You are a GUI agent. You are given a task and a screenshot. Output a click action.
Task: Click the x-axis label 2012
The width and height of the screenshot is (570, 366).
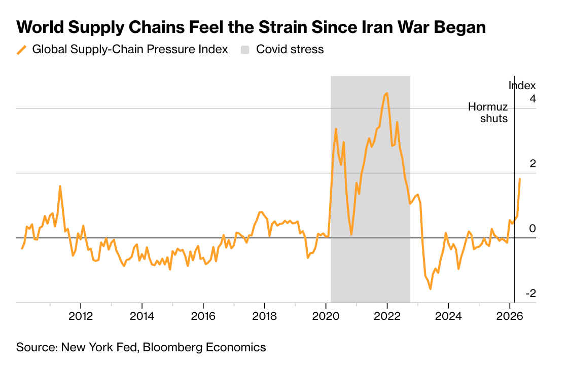pyautogui.click(x=81, y=316)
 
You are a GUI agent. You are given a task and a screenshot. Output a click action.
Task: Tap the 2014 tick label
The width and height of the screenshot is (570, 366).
pyautogui.click(x=142, y=316)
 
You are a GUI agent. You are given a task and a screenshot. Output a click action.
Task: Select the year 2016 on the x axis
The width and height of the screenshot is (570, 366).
pyautogui.click(x=203, y=316)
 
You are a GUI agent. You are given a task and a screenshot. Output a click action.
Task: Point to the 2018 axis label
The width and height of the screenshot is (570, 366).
pyautogui.click(x=264, y=316)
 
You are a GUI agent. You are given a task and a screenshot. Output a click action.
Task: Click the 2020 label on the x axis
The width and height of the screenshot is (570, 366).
pyautogui.click(x=326, y=316)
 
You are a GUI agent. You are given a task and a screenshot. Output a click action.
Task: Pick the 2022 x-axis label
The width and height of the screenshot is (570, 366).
pyautogui.click(x=387, y=316)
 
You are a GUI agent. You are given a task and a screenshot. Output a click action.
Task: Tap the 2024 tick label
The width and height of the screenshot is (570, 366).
pyautogui.click(x=448, y=316)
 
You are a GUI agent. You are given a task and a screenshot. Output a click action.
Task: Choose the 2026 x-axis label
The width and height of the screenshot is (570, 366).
pyautogui.click(x=510, y=316)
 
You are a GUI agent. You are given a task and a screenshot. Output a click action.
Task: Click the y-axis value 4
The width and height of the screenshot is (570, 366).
pyautogui.click(x=532, y=98)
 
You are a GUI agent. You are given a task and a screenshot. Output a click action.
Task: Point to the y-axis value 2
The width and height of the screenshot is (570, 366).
pyautogui.click(x=532, y=164)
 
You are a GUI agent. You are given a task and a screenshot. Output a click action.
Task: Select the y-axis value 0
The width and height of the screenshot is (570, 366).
pyautogui.click(x=532, y=228)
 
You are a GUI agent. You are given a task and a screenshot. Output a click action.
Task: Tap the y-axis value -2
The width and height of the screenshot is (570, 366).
pyautogui.click(x=531, y=294)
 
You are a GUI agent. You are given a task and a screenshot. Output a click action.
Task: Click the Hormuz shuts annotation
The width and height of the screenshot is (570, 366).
pyautogui.click(x=488, y=113)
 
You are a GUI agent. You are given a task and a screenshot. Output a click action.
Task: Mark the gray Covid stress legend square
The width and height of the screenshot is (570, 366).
pyautogui.click(x=245, y=50)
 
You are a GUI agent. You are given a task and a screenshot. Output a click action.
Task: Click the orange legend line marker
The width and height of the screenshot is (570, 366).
pyautogui.click(x=22, y=50)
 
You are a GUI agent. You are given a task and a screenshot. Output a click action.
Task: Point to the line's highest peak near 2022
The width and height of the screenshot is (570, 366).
pyautogui.click(x=387, y=93)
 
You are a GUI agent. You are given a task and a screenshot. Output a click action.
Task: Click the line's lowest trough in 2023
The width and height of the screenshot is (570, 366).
pyautogui.click(x=431, y=289)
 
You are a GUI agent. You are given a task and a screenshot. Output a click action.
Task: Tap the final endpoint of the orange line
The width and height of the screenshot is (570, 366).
pyautogui.click(x=520, y=179)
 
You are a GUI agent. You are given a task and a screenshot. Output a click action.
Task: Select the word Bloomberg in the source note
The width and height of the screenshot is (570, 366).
pyautogui.click(x=172, y=347)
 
